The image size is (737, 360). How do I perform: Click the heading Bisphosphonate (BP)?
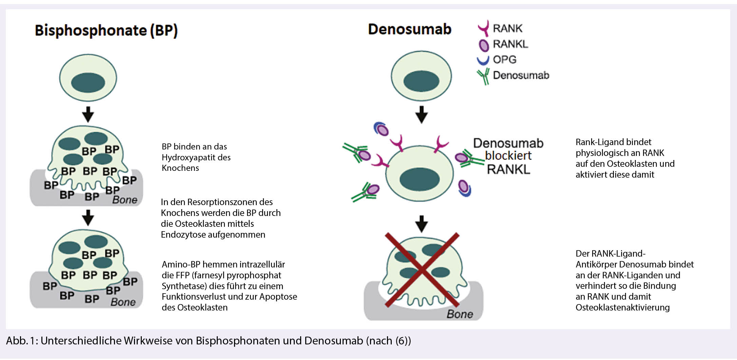click(x=106, y=31)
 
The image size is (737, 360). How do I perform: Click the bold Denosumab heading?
click(x=409, y=29)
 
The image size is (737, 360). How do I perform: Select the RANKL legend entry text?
click(x=510, y=44)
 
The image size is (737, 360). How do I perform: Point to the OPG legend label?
click(x=504, y=60)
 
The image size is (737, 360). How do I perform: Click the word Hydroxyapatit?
click(x=196, y=158)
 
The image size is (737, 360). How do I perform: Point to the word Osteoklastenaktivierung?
click(x=622, y=307)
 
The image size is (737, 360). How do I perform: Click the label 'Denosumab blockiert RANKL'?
click(x=508, y=156)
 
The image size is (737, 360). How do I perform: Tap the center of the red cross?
click(x=422, y=270)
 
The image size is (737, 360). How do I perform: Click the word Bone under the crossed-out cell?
click(x=460, y=314)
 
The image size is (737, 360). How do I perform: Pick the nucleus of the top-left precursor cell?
click(x=88, y=82)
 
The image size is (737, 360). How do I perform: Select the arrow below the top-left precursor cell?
click(x=88, y=114)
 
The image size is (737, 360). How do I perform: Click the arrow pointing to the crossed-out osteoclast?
click(x=422, y=224)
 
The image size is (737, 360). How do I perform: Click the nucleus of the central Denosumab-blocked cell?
click(x=420, y=179)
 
